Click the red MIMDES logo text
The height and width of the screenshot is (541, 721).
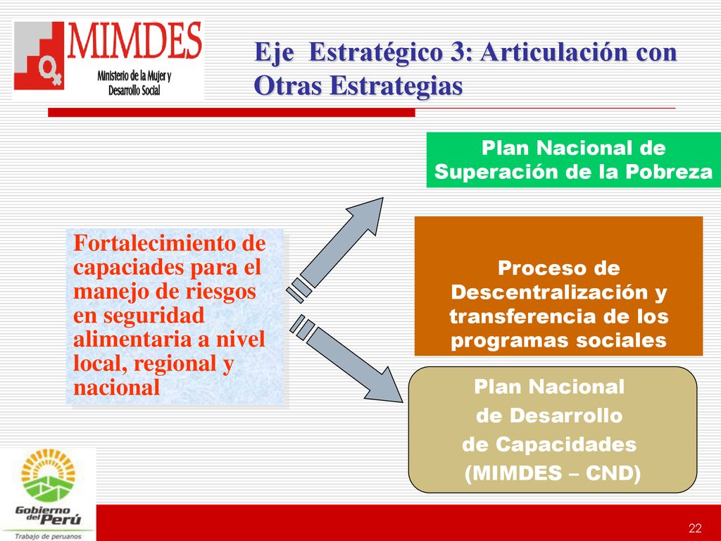coord(134,40)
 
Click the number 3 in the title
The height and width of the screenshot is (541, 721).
coord(458,51)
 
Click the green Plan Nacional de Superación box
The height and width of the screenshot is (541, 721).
coord(573,160)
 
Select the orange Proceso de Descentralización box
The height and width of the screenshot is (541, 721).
coord(558,286)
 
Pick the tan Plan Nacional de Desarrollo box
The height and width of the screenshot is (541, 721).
coord(553,429)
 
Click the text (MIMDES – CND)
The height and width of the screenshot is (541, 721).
coord(552,473)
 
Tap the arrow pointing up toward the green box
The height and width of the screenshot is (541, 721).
coord(334,250)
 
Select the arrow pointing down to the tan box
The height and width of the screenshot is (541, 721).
coord(346,359)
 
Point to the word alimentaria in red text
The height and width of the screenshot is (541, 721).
coord(132,339)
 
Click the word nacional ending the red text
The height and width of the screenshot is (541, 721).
coord(116,387)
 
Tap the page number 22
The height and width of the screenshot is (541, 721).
coord(695,528)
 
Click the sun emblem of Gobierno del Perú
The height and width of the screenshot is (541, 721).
coord(48,475)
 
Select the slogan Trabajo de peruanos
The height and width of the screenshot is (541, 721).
coord(48,536)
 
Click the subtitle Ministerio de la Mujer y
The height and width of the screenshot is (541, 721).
coord(134,76)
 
